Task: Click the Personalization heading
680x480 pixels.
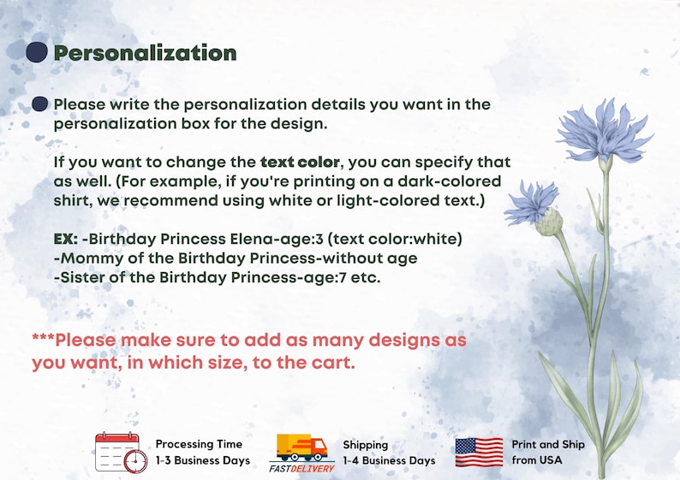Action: [145, 53]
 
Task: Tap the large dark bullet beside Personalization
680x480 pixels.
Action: [37, 52]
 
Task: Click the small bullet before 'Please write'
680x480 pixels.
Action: [40, 104]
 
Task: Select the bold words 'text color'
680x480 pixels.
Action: [300, 162]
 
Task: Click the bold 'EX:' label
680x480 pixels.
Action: [65, 239]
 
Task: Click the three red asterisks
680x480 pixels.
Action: [43, 337]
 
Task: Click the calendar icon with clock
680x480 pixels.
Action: [122, 453]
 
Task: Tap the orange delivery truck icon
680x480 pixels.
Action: [301, 447]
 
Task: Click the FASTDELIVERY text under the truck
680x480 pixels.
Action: [301, 468]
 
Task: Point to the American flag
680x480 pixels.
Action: [480, 453]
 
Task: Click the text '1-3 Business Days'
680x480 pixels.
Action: [203, 460]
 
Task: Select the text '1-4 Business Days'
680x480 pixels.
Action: [389, 460]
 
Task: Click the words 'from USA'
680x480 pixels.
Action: [537, 460]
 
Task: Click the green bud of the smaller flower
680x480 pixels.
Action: [549, 222]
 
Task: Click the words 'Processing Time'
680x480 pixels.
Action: [199, 444]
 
